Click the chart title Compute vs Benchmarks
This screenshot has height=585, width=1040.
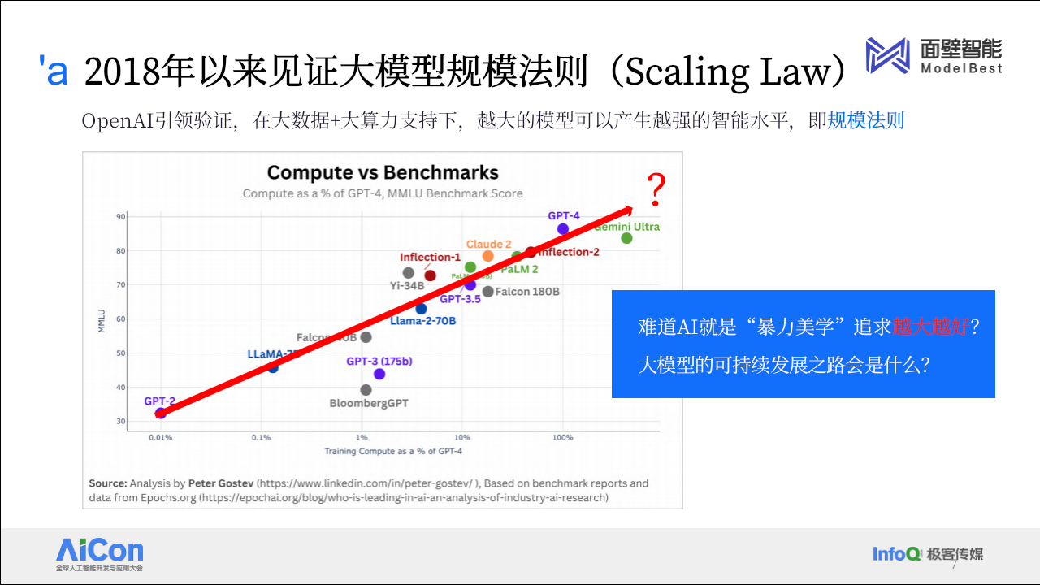pos(383,172)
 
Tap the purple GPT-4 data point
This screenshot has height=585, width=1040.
pos(563,229)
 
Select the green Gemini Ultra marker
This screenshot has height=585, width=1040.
pos(626,238)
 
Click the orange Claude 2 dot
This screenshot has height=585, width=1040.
pos(488,256)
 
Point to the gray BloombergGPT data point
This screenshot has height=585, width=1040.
pos(366,390)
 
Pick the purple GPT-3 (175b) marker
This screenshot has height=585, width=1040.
pos(379,374)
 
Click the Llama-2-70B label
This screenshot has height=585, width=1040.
pos(422,321)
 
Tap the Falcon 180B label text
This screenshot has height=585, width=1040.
pos(527,292)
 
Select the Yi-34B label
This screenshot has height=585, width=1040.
pos(407,286)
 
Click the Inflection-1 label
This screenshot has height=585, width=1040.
pos(430,258)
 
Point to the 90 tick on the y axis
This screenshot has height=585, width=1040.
pos(120,216)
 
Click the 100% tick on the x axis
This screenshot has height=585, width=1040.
pos(562,437)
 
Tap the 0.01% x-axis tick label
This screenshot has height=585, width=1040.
pos(160,437)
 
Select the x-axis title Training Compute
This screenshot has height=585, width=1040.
pos(393,451)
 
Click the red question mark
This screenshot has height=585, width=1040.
pos(656,191)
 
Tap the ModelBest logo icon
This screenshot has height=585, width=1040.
pos(886,56)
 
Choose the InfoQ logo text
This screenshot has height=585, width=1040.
pos(896,554)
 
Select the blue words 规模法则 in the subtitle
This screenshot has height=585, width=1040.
pos(865,121)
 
